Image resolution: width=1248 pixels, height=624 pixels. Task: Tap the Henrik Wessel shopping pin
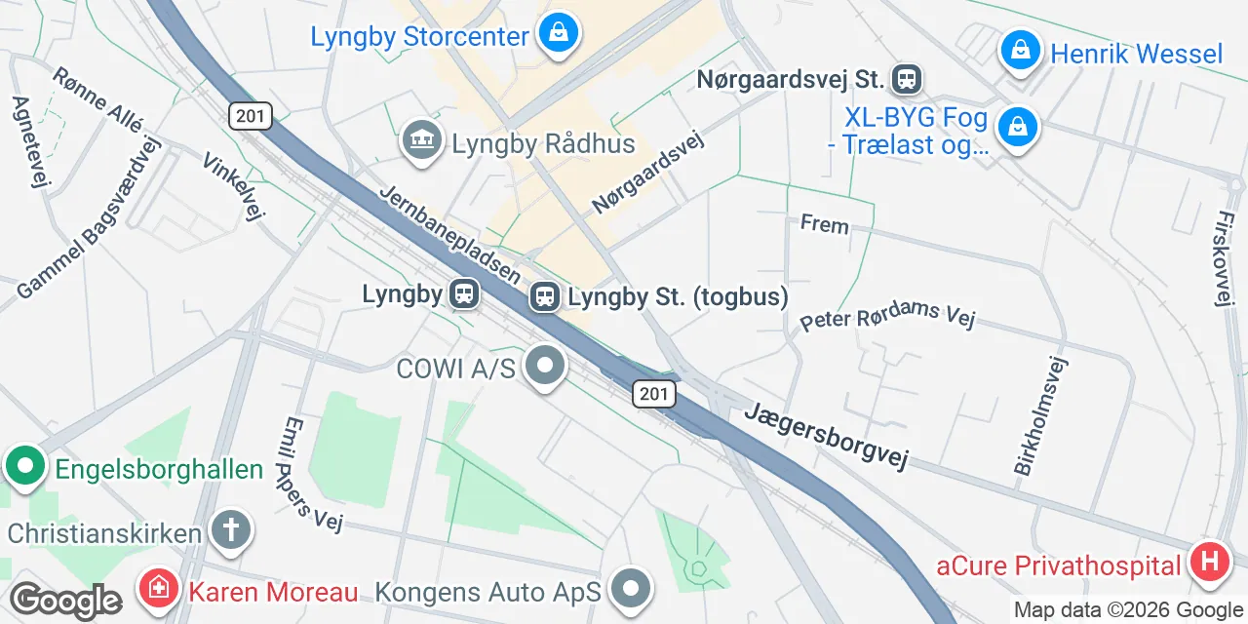click(x=1020, y=51)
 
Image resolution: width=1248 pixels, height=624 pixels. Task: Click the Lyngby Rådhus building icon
click(x=422, y=141)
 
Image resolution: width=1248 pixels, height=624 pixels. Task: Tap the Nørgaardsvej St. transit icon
click(x=907, y=79)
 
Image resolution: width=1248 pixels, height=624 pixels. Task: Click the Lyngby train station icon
click(x=464, y=293)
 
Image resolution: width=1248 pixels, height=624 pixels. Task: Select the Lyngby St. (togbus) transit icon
click(x=544, y=296)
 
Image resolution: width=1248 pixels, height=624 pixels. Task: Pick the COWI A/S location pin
click(x=545, y=368)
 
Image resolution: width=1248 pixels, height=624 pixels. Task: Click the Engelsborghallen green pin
click(x=25, y=467)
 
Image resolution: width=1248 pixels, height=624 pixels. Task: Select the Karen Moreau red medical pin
click(x=157, y=588)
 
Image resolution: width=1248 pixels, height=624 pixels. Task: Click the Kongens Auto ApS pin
click(x=632, y=588)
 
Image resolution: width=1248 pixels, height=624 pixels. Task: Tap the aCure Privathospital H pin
click(x=1210, y=563)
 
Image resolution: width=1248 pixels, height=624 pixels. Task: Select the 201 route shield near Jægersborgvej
click(x=653, y=394)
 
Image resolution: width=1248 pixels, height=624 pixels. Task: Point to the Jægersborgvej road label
click(x=826, y=435)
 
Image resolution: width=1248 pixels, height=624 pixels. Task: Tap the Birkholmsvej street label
click(x=1041, y=416)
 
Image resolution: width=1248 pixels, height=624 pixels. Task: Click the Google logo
click(x=64, y=601)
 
